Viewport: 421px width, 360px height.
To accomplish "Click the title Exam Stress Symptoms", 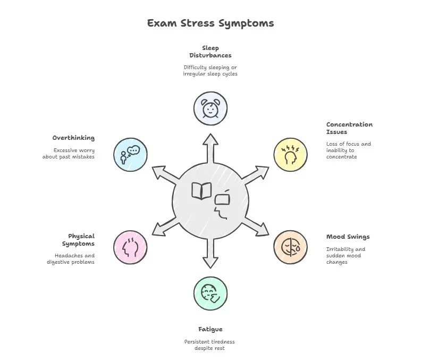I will pyautogui.click(x=210, y=23).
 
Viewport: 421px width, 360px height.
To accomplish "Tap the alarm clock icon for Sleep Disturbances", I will pyautogui.click(x=210, y=108).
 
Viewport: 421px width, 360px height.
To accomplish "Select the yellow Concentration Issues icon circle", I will pyautogui.click(x=290, y=155).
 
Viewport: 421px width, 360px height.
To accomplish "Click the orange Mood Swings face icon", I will pyautogui.click(x=290, y=247).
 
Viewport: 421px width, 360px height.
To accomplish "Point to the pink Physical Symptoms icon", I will pyautogui.click(x=130, y=247).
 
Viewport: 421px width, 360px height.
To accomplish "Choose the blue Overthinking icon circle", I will pyautogui.click(x=130, y=155).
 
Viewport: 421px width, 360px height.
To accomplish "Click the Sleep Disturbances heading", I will pyautogui.click(x=210, y=52).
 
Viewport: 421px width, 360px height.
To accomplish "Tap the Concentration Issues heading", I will pyautogui.click(x=349, y=128).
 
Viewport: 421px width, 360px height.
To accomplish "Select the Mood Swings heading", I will pyautogui.click(x=348, y=237).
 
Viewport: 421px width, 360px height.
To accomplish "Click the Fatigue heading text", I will pyautogui.click(x=210, y=329).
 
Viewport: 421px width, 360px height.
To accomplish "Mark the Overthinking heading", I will pyautogui.click(x=73, y=138).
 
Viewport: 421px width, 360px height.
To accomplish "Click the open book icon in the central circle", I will pyautogui.click(x=201, y=191).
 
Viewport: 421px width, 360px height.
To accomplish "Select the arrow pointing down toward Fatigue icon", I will pyautogui.click(x=210, y=254).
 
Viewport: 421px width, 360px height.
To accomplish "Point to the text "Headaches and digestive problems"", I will pyautogui.click(x=70, y=258).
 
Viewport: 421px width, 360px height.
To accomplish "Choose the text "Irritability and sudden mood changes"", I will pyautogui.click(x=346, y=256).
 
